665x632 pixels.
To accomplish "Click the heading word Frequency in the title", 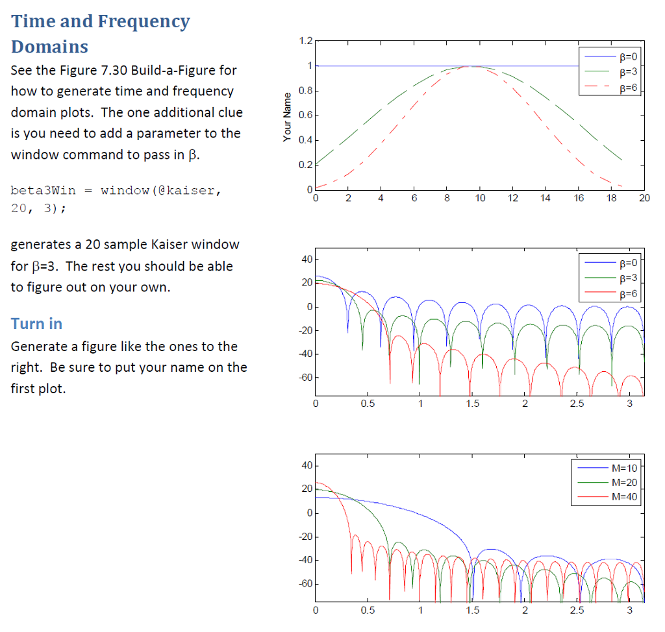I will pyautogui.click(x=144, y=22).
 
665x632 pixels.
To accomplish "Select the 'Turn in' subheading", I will pyautogui.click(x=37, y=323).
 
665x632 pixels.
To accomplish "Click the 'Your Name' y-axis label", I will pyautogui.click(x=287, y=117).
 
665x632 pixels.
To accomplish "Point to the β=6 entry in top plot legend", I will pyautogui.click(x=629, y=86).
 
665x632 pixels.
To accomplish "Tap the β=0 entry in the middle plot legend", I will pyautogui.click(x=629, y=263).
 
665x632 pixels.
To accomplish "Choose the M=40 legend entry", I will pyautogui.click(x=625, y=497).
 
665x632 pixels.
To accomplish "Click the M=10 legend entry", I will pyautogui.click(x=625, y=467).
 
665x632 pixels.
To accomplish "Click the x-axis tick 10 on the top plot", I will pyautogui.click(x=479, y=199).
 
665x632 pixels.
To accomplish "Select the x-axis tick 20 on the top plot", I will pyautogui.click(x=644, y=199).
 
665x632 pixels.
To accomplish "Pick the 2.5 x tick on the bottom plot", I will pyautogui.click(x=577, y=611).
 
